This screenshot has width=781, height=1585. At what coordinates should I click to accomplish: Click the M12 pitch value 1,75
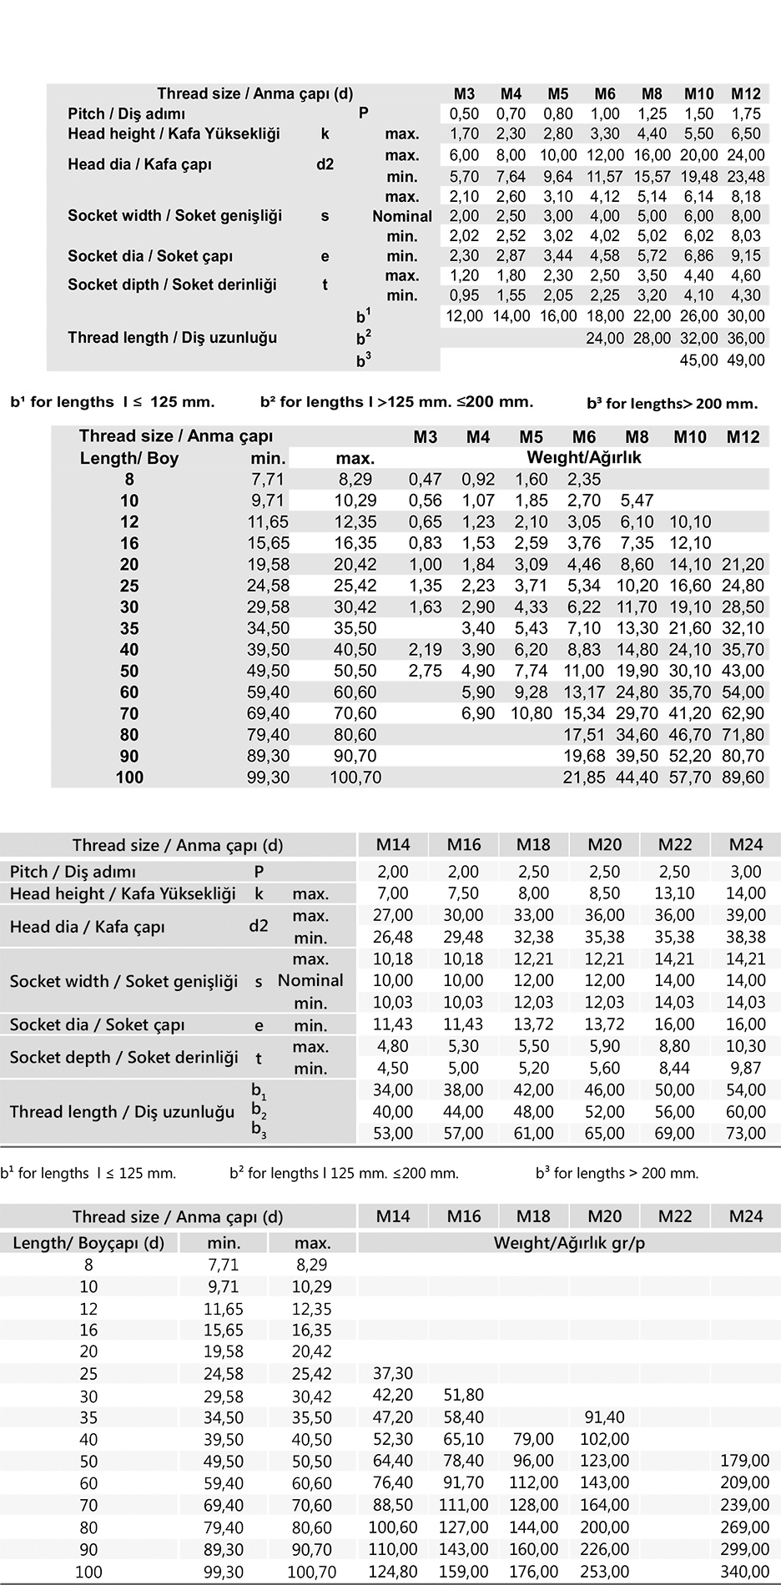tap(746, 113)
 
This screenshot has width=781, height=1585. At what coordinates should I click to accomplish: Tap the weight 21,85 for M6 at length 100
tap(584, 777)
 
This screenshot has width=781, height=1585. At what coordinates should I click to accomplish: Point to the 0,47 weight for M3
tap(426, 479)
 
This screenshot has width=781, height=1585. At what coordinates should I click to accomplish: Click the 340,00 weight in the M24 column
tap(746, 1572)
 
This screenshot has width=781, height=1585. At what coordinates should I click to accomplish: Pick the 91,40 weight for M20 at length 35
tap(605, 1416)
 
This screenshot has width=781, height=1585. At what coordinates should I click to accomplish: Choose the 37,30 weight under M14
tap(393, 1372)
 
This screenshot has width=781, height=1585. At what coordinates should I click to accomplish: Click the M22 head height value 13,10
tap(675, 893)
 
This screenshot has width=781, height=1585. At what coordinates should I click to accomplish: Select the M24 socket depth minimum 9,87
tap(746, 1068)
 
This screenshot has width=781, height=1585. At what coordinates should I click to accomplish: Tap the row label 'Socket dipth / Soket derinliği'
tap(172, 284)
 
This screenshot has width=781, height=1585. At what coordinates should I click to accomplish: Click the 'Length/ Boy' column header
tap(129, 458)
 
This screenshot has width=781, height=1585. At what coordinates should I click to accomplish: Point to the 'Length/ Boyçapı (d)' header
tap(88, 1243)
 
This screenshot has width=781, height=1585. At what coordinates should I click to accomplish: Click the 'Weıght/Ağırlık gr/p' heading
tap(569, 1243)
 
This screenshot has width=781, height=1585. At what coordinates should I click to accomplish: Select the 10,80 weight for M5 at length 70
tap(532, 713)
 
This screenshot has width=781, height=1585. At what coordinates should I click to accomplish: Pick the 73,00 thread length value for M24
tap(746, 1133)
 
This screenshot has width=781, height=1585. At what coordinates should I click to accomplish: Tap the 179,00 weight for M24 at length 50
tap(746, 1461)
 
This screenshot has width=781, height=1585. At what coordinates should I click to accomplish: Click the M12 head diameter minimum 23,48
tap(746, 176)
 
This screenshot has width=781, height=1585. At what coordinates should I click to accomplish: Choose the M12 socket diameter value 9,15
tap(746, 256)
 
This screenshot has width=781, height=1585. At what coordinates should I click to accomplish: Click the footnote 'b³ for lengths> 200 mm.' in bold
tap(673, 404)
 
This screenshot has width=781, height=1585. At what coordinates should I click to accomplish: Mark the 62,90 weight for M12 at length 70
tap(743, 713)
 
